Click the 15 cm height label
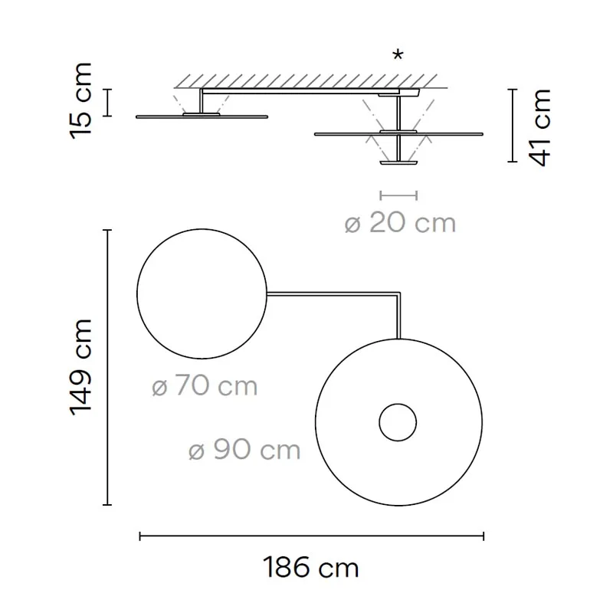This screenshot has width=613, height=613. (81, 100)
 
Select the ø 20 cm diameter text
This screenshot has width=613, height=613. (399, 223)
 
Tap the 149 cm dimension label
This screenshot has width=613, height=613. (81, 366)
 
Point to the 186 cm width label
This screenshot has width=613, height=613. (311, 569)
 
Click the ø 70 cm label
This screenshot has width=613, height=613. (205, 386)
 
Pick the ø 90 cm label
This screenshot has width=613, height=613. (244, 450)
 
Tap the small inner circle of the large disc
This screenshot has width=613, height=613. (398, 422)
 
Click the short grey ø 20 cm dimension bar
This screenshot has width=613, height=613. (398, 195)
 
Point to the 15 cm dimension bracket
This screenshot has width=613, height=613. (108, 102)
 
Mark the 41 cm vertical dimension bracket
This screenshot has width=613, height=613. (511, 126)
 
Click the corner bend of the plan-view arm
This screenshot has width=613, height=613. (398, 293)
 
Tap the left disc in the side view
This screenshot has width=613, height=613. (202, 116)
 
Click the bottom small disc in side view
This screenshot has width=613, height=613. (398, 162)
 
